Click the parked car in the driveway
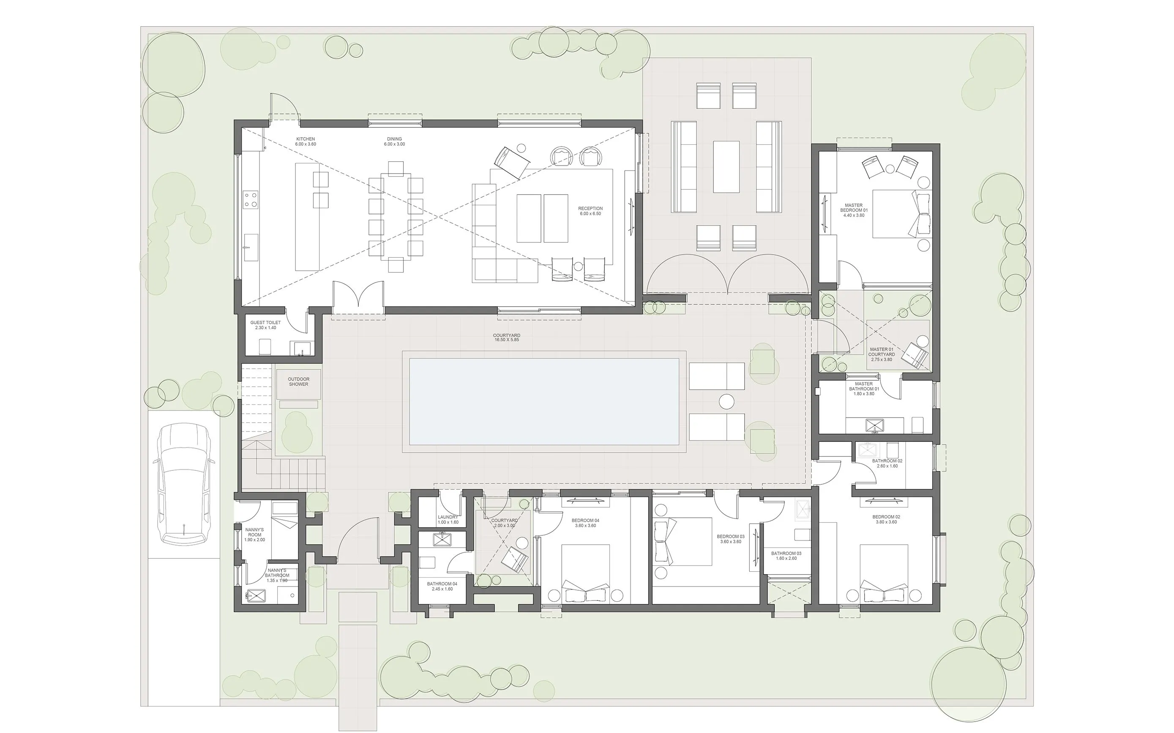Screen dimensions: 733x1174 (x=184, y=484)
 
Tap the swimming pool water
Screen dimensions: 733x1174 (x=544, y=402)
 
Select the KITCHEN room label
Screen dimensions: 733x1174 (x=306, y=139)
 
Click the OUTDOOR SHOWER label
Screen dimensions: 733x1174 (x=298, y=382)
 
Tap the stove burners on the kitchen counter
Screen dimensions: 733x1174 (x=250, y=199)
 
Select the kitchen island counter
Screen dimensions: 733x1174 (x=308, y=217)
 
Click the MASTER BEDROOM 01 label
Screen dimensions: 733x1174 (x=853, y=210)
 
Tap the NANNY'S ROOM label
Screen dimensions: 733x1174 (x=254, y=534)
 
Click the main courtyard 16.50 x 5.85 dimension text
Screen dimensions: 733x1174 (x=506, y=340)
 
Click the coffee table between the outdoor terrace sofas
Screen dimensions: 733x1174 (x=726, y=167)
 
